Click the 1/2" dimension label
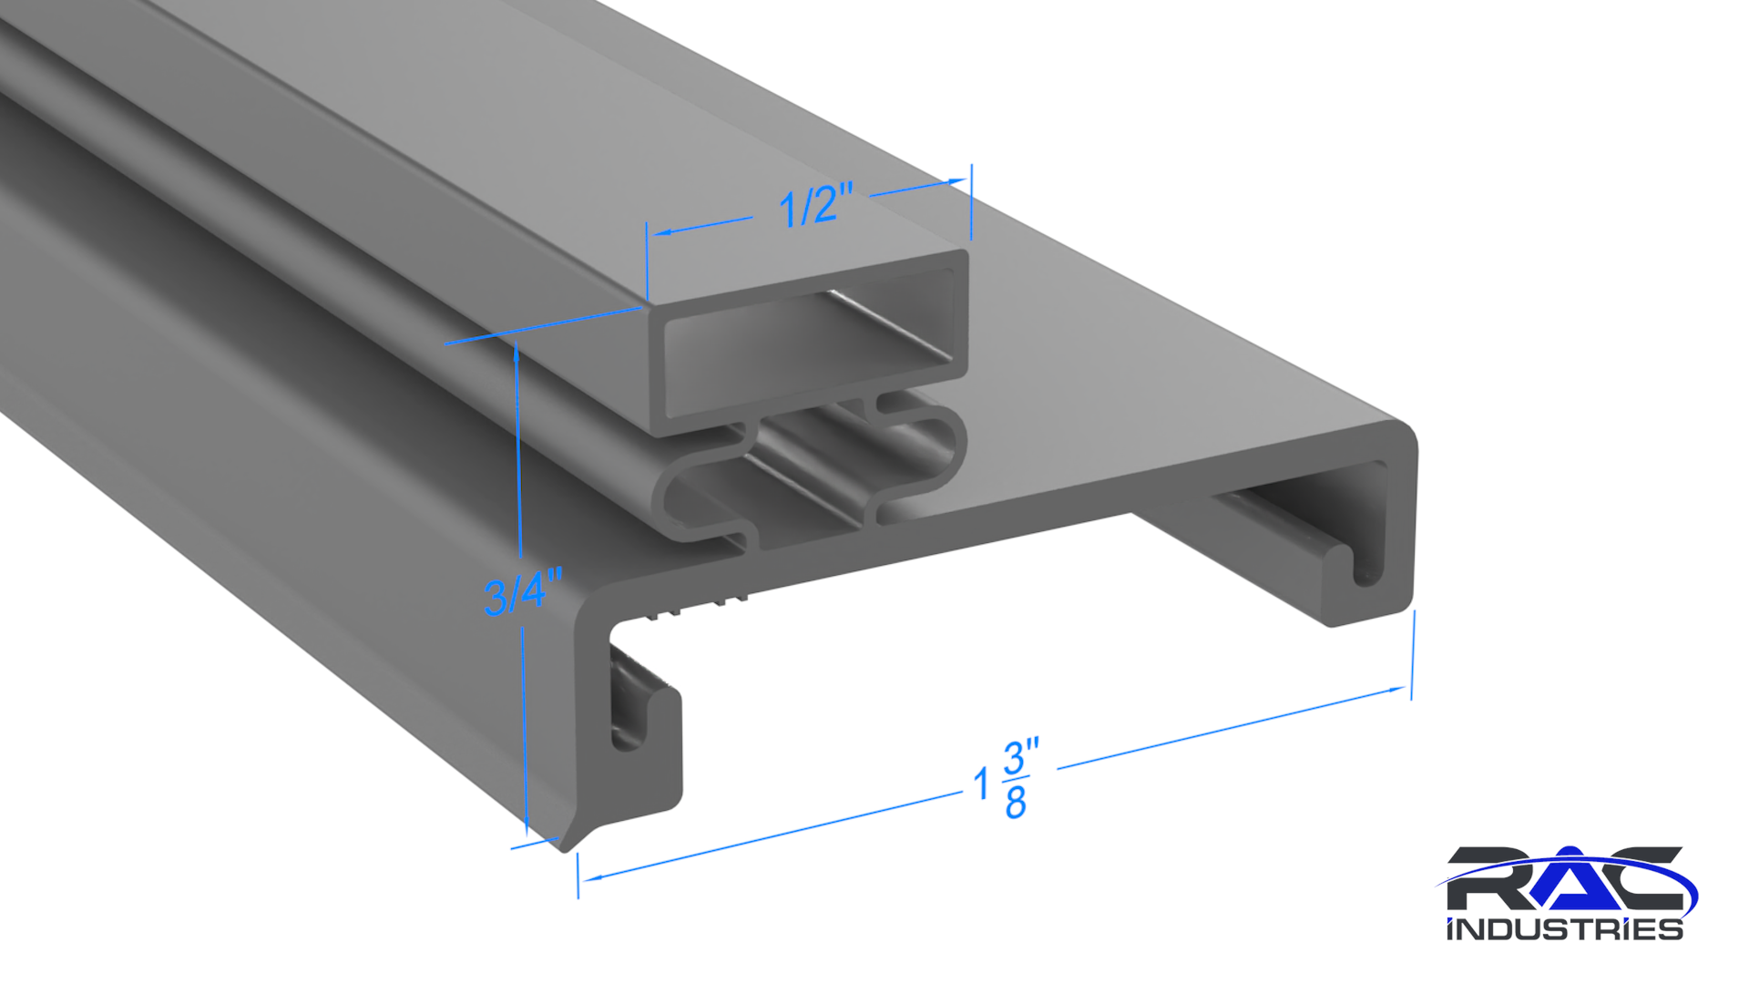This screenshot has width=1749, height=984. click(816, 204)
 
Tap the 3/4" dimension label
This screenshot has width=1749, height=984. click(523, 592)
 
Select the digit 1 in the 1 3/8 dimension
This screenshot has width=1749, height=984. click(981, 784)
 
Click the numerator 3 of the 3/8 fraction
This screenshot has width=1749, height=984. click(1015, 757)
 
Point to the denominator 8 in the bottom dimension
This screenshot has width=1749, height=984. click(1016, 801)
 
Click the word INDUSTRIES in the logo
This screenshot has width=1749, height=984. click(1565, 929)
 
